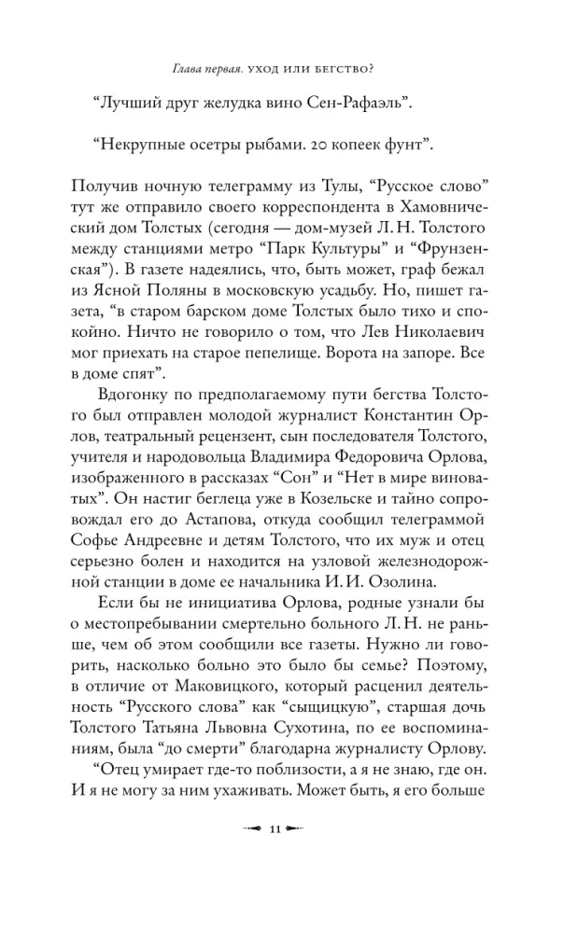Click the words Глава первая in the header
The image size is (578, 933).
pyautogui.click(x=213, y=66)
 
